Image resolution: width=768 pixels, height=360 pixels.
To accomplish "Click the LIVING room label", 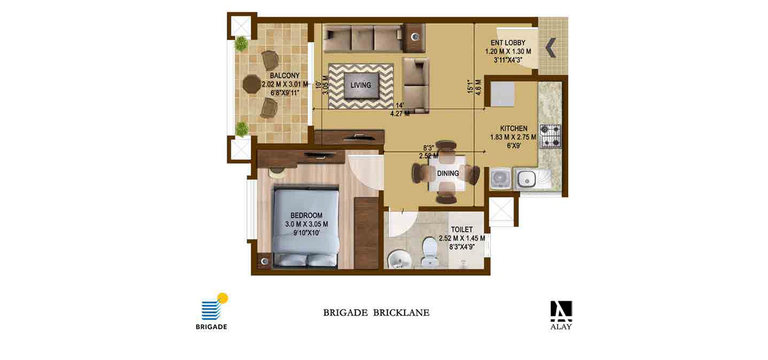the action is pos(360,85).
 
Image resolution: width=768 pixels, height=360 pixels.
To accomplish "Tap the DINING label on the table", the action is pos(448,174).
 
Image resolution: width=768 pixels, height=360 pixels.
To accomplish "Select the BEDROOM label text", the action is pos(306,215).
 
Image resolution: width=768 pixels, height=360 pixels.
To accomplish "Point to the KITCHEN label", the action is pos(513,128).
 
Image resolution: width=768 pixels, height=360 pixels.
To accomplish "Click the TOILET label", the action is pos(462,229).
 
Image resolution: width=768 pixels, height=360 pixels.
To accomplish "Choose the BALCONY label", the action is pos(284,75).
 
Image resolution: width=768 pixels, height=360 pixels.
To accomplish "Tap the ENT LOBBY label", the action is pos(508,43).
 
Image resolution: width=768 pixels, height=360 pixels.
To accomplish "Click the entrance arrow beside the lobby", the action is pos(550,47).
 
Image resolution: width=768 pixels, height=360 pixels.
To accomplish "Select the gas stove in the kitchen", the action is pos(550,136).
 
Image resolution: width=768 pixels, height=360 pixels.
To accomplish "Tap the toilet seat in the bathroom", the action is pos(429,250).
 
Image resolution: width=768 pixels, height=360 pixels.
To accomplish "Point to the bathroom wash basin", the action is pos(399,259).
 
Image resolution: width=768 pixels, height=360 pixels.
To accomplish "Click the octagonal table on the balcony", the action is pos(252,84).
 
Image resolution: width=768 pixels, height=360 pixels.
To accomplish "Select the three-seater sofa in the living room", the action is pos(363,38).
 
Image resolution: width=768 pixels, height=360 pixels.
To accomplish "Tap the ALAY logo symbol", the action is pos(561,311).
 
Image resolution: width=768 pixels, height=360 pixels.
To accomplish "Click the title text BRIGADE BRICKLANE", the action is pos(376,313).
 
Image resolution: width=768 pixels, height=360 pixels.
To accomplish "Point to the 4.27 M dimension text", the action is pos(400,114).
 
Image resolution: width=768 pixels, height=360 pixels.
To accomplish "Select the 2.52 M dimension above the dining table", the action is pos(428,156).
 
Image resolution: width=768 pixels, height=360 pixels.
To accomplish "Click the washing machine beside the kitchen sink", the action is pos(500,178).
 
